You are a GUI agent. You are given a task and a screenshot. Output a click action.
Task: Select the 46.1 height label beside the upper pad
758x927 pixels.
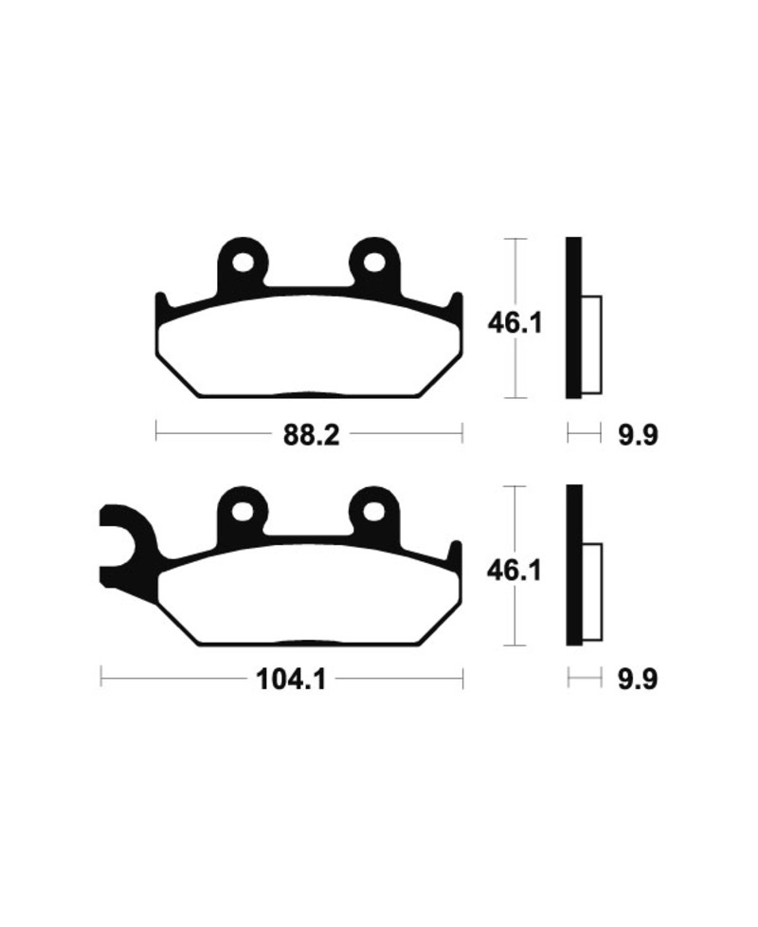514,324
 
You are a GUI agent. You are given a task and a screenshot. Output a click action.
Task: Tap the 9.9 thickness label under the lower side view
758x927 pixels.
637,680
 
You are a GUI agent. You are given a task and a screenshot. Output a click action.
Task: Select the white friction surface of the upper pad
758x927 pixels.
308,346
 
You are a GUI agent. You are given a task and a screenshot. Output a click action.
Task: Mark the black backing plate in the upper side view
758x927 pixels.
573,318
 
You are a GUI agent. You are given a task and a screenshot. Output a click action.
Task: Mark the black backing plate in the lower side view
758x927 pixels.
573,566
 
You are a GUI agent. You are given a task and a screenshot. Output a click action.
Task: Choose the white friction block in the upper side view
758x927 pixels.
591,345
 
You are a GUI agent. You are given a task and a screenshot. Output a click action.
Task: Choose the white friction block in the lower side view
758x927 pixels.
591,592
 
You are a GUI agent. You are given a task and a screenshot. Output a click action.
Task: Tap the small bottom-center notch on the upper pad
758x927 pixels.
308,393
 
